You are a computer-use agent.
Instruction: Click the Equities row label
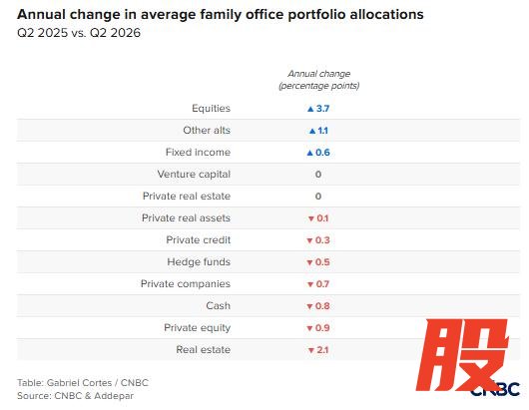(212, 108)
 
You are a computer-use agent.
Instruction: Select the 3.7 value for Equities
(322, 109)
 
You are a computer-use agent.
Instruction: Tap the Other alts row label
(207, 130)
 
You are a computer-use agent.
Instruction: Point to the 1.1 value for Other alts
(322, 131)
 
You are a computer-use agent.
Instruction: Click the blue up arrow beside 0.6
(310, 153)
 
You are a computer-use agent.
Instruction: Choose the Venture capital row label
(194, 174)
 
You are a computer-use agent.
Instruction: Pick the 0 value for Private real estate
(318, 197)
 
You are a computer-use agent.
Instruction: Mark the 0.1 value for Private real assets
(322, 218)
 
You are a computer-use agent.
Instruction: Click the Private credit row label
(199, 239)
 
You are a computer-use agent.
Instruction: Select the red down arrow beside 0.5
(309, 262)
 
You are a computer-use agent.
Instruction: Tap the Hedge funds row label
(199, 261)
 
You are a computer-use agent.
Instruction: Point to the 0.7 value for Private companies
(322, 284)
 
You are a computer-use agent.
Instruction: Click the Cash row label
(219, 305)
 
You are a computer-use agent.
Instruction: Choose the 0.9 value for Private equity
(322, 328)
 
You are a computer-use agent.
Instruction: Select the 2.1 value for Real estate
(322, 349)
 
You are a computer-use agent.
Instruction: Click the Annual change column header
(319, 80)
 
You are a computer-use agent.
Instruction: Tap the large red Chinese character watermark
(462, 355)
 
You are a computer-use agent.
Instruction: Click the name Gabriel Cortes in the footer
(79, 383)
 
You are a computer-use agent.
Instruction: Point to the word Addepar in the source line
(114, 395)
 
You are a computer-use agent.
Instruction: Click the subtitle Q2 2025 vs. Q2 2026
(79, 33)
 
